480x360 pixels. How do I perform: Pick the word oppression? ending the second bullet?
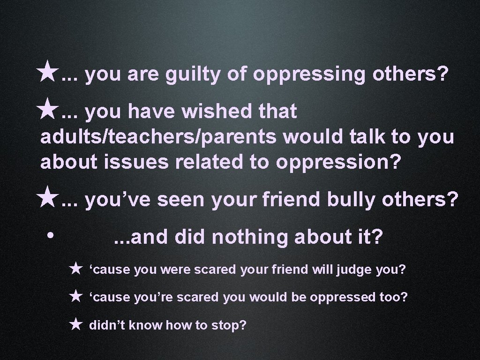coord(339,162)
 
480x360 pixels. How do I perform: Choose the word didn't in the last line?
coord(106,324)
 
